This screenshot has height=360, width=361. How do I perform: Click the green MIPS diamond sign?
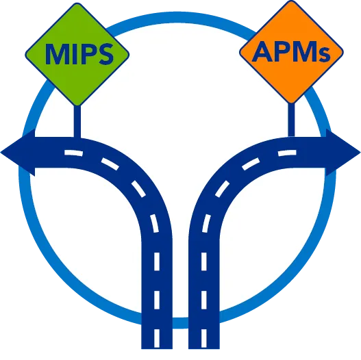pyautogui.click(x=77, y=55)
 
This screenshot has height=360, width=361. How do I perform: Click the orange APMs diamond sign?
pyautogui.click(x=291, y=52)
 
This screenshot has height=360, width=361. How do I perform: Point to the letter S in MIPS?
pyautogui.click(x=105, y=54)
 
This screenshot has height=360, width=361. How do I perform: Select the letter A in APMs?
pyautogui.click(x=262, y=51)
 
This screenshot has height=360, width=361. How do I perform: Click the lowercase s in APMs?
pyautogui.click(x=325, y=55)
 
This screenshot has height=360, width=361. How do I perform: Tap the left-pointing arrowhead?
pyautogui.click(x=18, y=152)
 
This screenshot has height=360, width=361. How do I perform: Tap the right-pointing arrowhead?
pyautogui.click(x=343, y=152)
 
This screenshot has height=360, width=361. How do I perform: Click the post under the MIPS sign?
pyautogui.click(x=77, y=121)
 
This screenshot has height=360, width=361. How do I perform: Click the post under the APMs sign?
pyautogui.click(x=291, y=120)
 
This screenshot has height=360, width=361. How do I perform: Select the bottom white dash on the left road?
pyautogui.click(x=157, y=338)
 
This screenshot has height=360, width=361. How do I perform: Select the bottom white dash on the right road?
pyautogui.click(x=204, y=338)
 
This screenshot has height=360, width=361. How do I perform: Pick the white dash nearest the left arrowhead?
pyautogui.click(x=73, y=153)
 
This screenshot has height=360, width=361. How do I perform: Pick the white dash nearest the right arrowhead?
pyautogui.click(x=287, y=153)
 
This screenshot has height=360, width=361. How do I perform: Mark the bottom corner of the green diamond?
pyautogui.click(x=77, y=106)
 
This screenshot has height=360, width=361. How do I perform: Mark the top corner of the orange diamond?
pyautogui.click(x=292, y=1)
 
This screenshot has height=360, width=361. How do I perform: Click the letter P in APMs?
pyautogui.click(x=283, y=52)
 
